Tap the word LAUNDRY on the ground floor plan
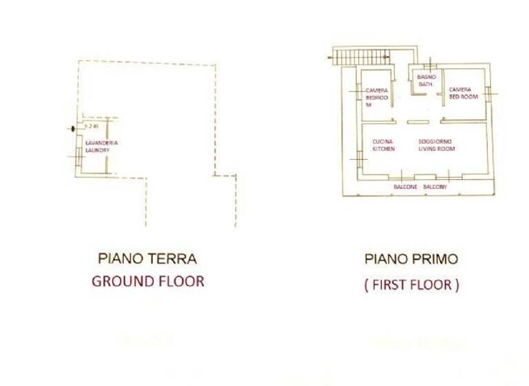[98, 150]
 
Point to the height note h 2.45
[92, 127]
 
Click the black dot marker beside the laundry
[74, 128]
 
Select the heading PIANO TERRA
[147, 259]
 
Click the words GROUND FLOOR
[147, 281]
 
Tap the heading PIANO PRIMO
[411, 259]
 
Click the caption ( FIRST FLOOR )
[411, 285]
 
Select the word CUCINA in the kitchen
[382, 141]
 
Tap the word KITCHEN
[384, 149]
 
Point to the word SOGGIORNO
[434, 141]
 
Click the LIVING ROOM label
[436, 149]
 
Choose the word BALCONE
[405, 187]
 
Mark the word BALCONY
[435, 187]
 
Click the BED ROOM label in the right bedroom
[463, 97]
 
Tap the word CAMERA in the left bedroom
[377, 90]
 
